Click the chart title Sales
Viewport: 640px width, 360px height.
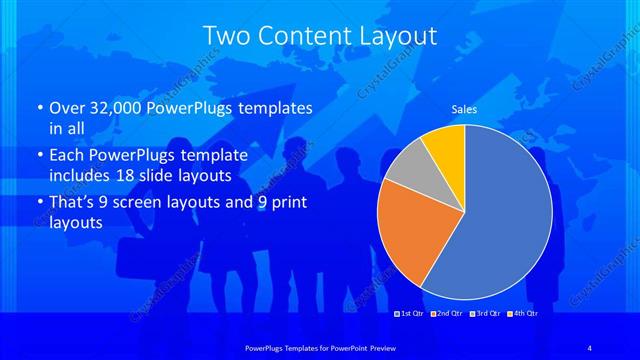(x=464, y=108)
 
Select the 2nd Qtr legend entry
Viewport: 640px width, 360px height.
(x=446, y=314)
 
